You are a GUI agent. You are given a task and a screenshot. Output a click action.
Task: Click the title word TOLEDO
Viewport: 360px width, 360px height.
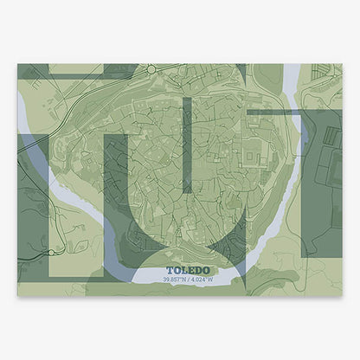pyautogui.click(x=179, y=269)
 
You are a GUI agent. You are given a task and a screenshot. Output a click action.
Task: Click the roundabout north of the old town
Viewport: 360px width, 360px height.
pyautogui.click(x=151, y=68)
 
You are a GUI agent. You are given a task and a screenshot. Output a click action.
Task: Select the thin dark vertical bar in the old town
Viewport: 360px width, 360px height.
pyautogui.click(x=184, y=144)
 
